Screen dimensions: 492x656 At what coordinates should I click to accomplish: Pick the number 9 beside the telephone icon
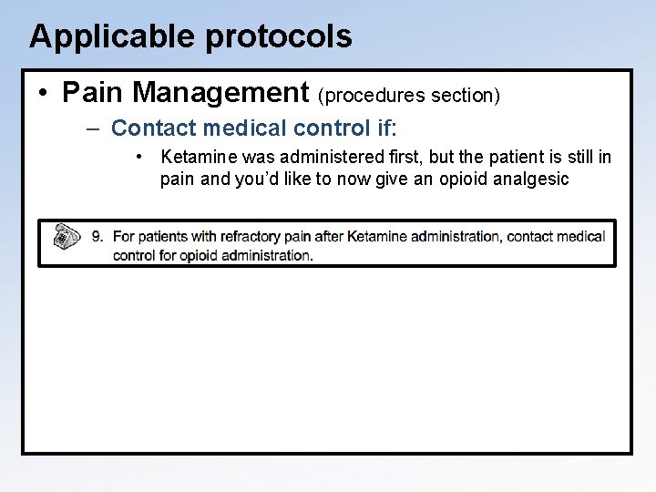pos(97,237)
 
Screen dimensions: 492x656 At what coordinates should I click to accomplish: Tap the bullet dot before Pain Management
pos(44,92)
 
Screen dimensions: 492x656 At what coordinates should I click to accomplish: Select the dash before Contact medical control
pos(94,128)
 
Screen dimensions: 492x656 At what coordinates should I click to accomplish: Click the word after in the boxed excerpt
pos(330,237)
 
